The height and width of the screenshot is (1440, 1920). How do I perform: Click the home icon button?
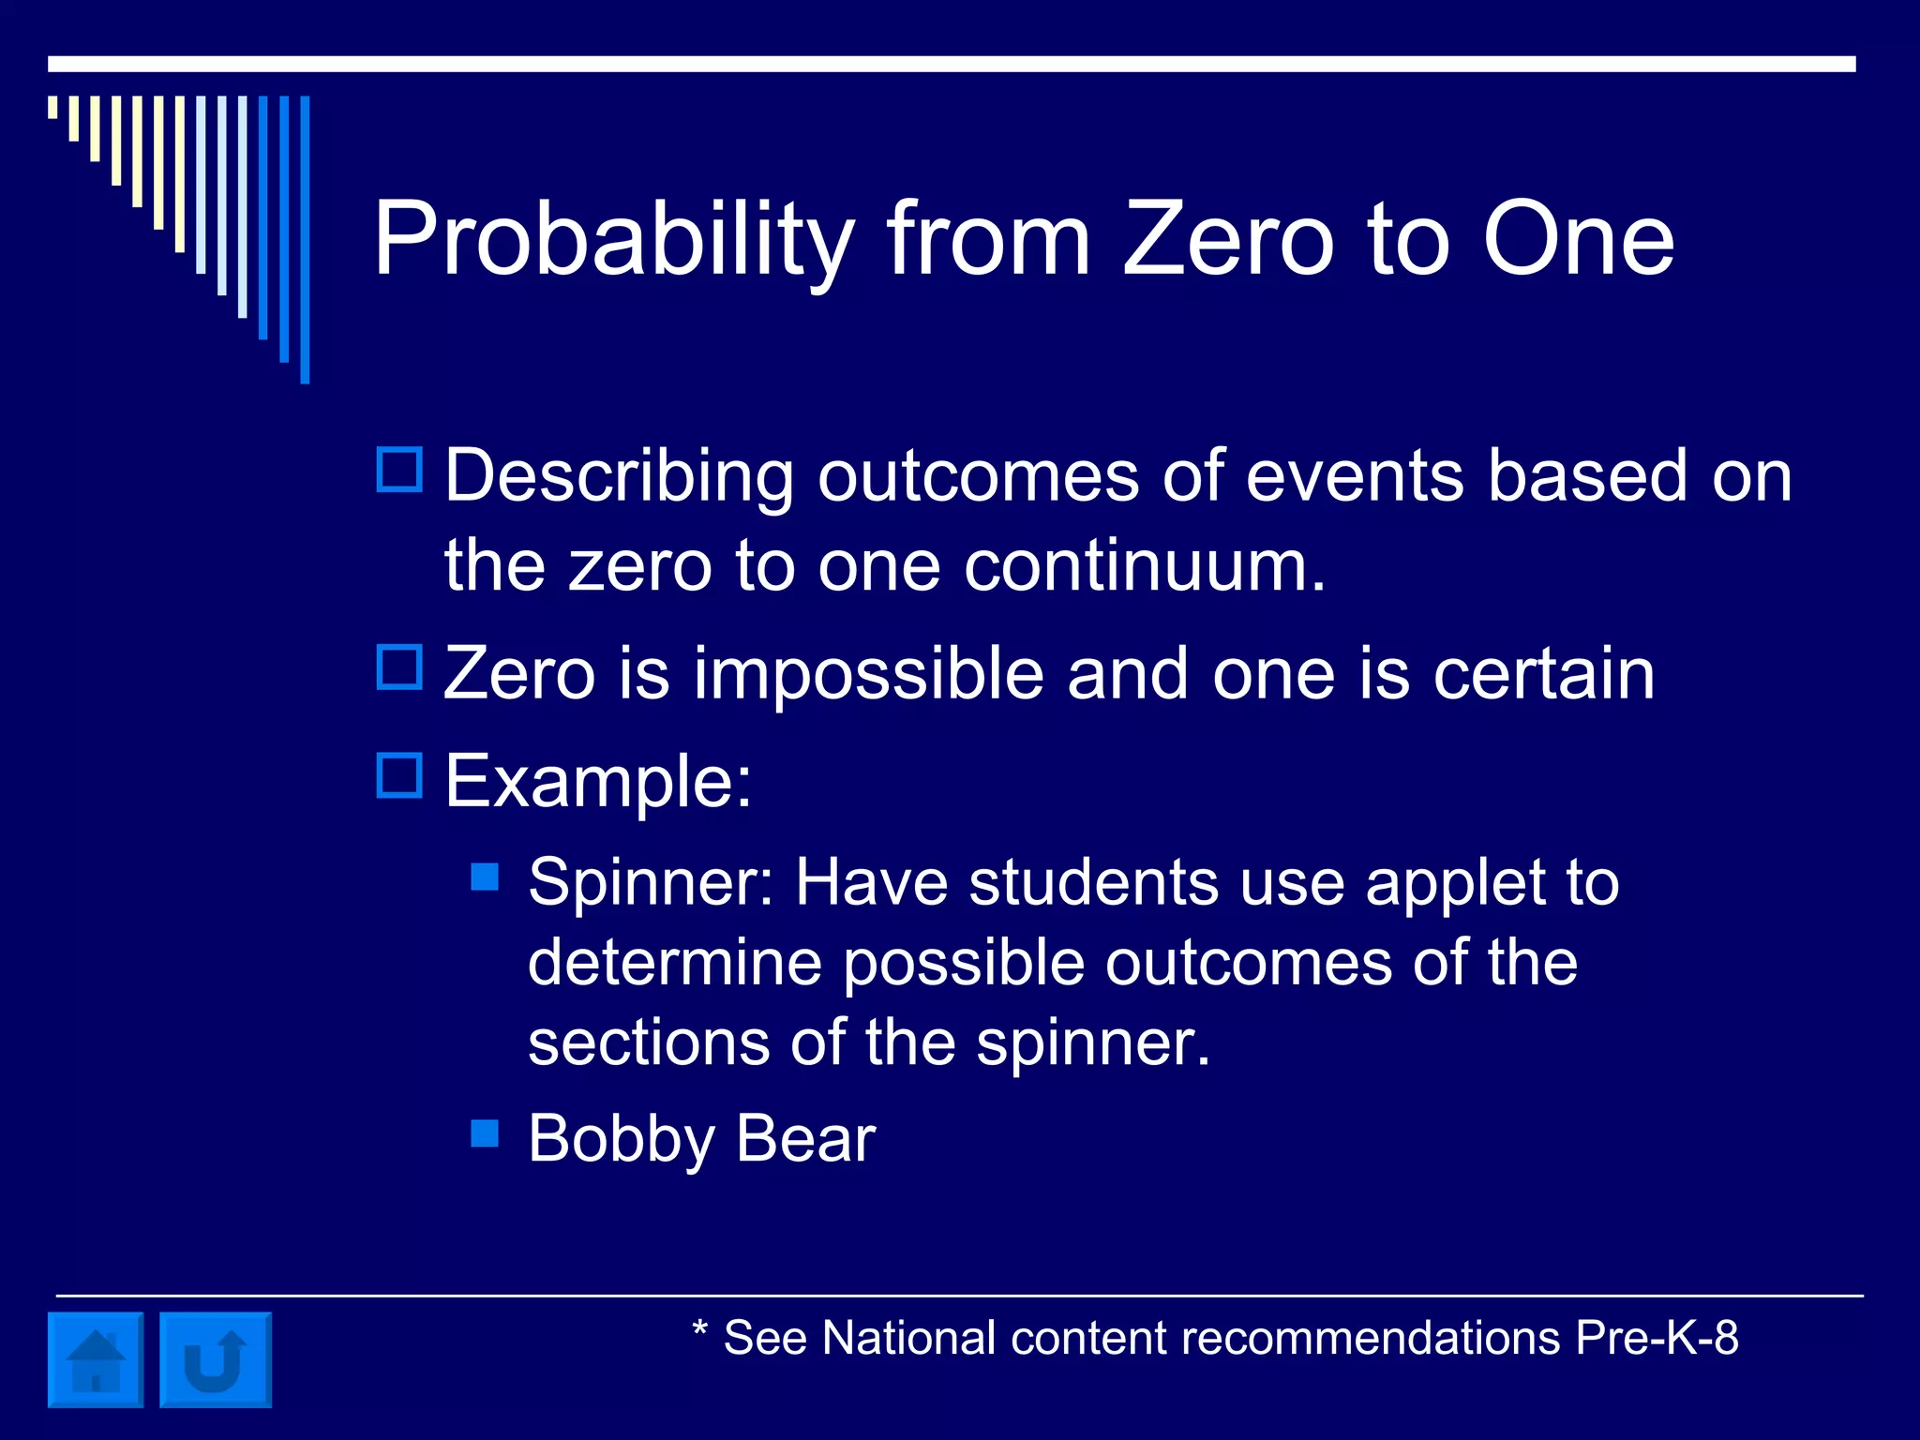click(96, 1359)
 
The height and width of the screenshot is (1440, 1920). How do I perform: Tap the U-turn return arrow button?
click(216, 1359)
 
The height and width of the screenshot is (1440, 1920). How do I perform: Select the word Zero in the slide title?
click(1228, 240)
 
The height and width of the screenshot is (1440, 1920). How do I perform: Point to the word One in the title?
click(1578, 240)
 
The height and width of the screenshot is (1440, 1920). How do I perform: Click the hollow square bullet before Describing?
click(399, 470)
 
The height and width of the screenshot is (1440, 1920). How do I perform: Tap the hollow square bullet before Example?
click(399, 775)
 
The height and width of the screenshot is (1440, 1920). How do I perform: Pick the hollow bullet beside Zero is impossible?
click(399, 667)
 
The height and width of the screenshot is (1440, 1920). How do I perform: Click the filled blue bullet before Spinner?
click(485, 877)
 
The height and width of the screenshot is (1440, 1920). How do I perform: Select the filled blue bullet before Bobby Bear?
click(485, 1133)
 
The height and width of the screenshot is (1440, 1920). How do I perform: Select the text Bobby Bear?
click(701, 1139)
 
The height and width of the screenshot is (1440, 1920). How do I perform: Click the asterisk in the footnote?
click(699, 1328)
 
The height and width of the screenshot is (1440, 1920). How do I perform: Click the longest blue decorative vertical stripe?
click(305, 239)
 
